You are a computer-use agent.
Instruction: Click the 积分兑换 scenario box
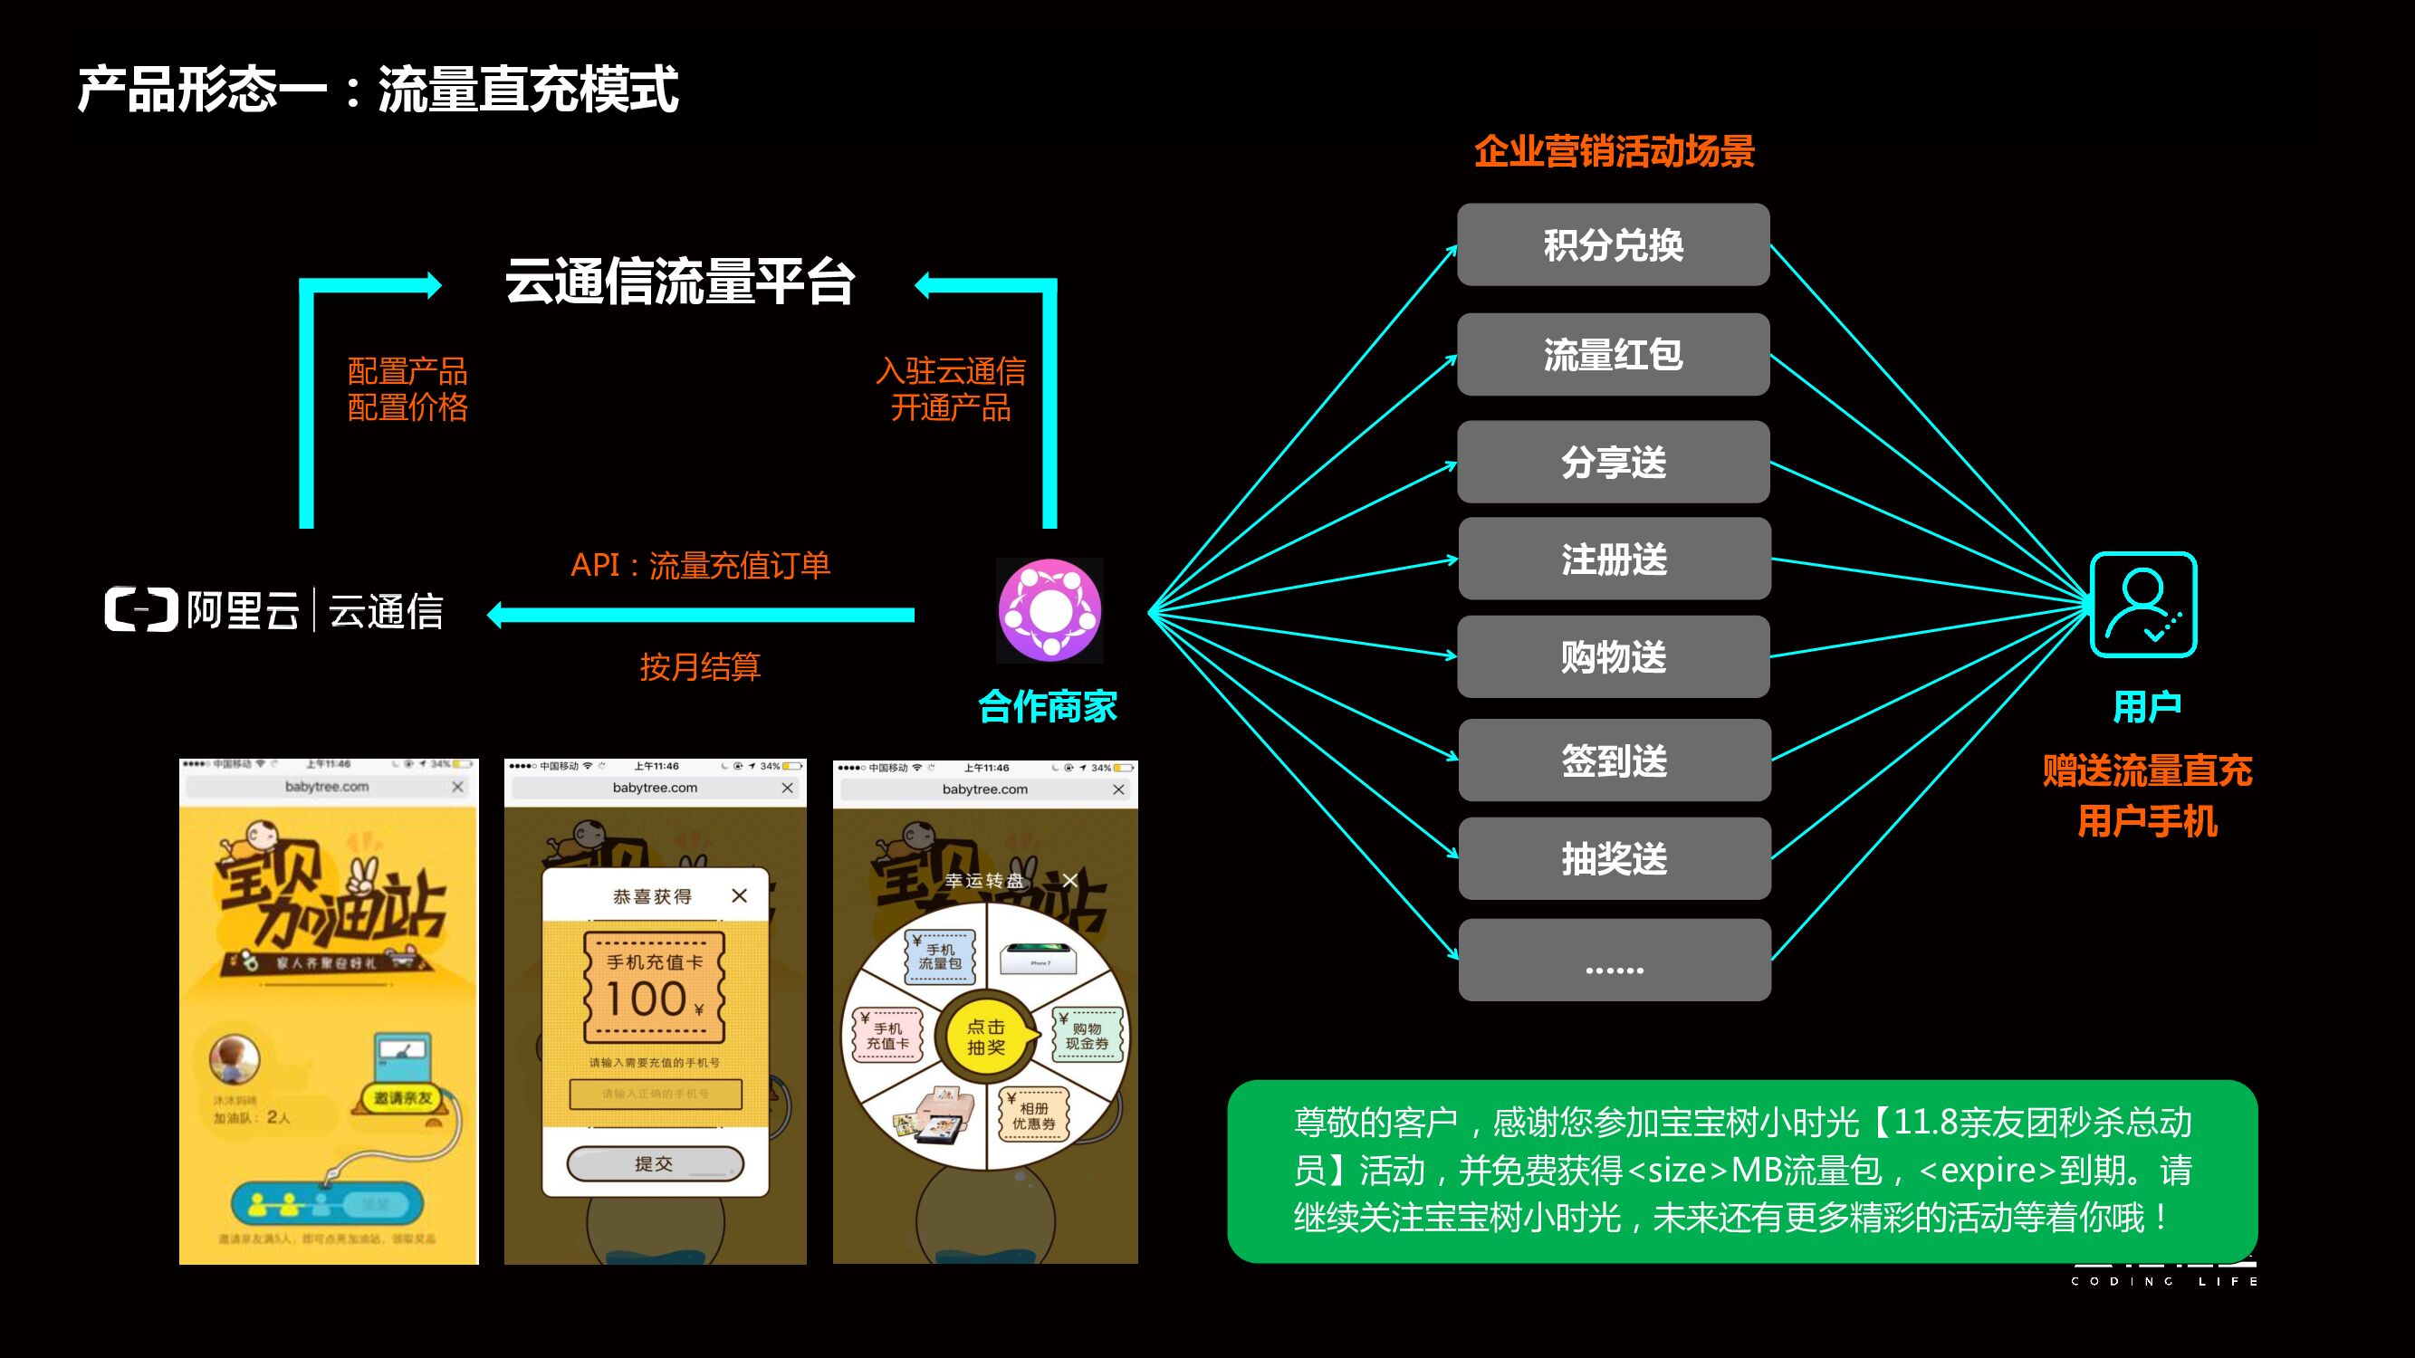tap(1613, 244)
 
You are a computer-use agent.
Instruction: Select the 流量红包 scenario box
tap(1613, 354)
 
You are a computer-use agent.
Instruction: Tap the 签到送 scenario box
tap(1614, 760)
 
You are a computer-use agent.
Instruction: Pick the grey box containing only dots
tap(1614, 960)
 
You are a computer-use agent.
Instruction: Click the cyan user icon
tap(2143, 605)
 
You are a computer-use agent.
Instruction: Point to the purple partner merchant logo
tap(1049, 610)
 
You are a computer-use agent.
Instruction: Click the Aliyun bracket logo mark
tap(140, 609)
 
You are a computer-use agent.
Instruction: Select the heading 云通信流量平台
tap(680, 282)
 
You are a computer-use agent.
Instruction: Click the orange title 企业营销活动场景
tap(1614, 152)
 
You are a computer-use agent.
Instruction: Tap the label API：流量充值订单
tap(700, 565)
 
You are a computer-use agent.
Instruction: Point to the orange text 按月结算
tap(700, 666)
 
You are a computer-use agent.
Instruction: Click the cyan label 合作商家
tap(1047, 707)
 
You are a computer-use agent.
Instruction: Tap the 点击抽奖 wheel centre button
tap(987, 1037)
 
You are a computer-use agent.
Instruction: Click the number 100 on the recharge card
tap(646, 999)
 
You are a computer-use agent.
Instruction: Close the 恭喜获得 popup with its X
tap(740, 896)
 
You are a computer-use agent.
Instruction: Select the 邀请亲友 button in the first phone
tap(403, 1097)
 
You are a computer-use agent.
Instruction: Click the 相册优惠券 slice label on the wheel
tap(1033, 1115)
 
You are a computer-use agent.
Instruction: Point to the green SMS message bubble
tap(1741, 1171)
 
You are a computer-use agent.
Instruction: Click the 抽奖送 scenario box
tap(1614, 858)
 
